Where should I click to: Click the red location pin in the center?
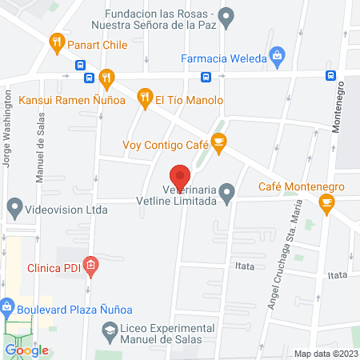(x=180, y=175)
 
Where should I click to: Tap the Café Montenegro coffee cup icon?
(x=326, y=203)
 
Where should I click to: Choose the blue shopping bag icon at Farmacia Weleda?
(x=277, y=56)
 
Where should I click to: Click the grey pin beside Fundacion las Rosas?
(x=226, y=15)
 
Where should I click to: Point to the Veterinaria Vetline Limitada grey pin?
(x=228, y=191)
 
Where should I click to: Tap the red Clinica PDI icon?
(x=91, y=265)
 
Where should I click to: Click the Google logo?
(x=26, y=350)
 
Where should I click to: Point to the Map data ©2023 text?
(x=326, y=354)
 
